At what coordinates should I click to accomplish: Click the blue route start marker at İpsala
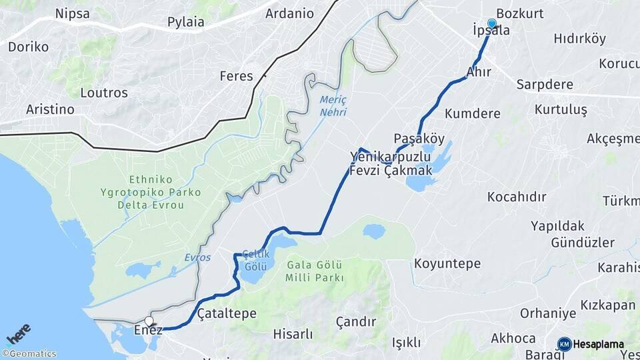[492, 24]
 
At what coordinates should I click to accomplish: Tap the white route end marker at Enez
[149, 321]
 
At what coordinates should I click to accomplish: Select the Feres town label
[237, 76]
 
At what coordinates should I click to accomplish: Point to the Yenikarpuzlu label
[391, 157]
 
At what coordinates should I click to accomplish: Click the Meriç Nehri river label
[333, 105]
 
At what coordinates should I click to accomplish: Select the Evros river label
[197, 257]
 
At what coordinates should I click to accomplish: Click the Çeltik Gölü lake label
[255, 259]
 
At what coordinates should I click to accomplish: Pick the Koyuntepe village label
[447, 263]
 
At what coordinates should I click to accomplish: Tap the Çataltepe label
[227, 313]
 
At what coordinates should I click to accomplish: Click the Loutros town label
[103, 93]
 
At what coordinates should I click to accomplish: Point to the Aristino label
[50, 109]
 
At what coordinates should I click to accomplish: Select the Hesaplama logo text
[597, 344]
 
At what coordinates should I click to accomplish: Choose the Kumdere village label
[473, 113]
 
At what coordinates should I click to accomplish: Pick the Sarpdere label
[545, 85]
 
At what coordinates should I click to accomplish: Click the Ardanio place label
[289, 13]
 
